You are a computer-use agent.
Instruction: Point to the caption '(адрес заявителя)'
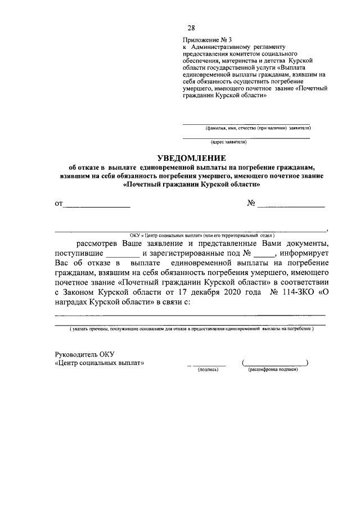coord(228,142)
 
